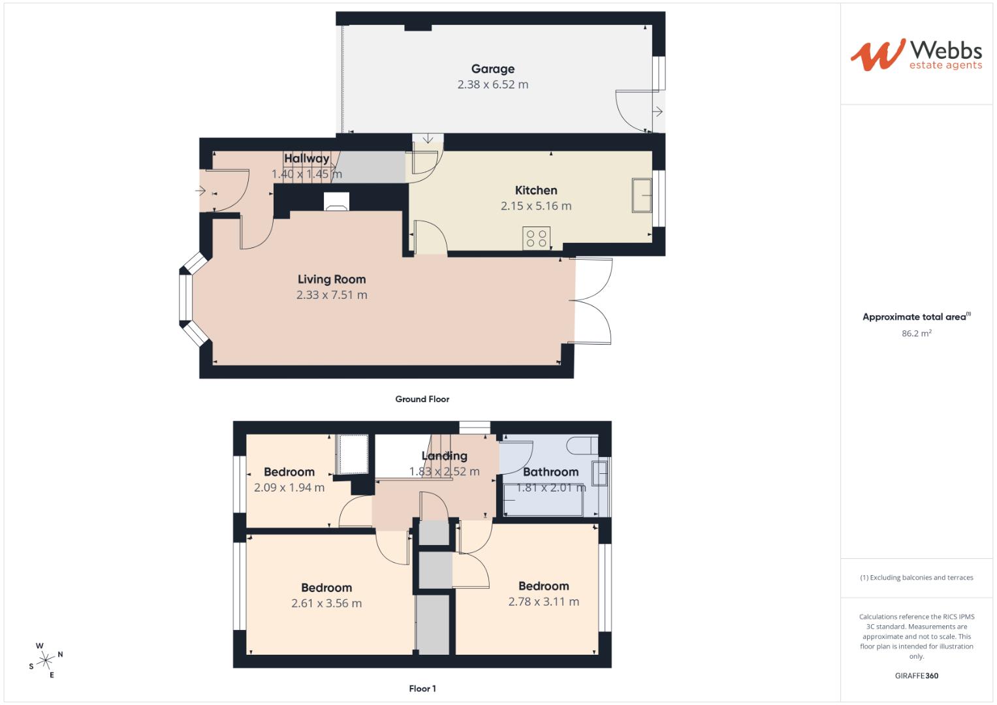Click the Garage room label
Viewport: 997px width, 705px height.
[493, 69]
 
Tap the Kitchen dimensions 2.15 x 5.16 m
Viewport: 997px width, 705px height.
[536, 206]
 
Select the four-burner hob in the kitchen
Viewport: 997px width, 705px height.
[537, 238]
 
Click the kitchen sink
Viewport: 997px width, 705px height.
[641, 195]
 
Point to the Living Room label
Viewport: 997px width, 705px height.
[332, 279]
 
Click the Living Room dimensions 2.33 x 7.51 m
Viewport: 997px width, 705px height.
[332, 295]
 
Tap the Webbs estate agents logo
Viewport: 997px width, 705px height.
[915, 54]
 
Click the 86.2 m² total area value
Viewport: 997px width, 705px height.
[916, 333]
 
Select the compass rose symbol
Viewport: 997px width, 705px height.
[46, 660]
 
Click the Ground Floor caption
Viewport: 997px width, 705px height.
[422, 399]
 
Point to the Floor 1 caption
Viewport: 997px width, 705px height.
[422, 688]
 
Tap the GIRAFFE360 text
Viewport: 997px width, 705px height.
[916, 676]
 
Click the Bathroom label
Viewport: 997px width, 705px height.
[550, 472]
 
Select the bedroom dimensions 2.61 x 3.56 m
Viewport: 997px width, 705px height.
[326, 603]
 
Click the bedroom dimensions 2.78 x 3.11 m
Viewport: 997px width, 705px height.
[543, 602]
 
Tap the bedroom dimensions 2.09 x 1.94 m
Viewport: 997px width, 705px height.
[289, 488]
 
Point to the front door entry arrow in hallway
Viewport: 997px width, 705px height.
[200, 191]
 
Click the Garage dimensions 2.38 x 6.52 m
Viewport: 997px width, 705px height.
[493, 84]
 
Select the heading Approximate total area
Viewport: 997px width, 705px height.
[914, 317]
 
